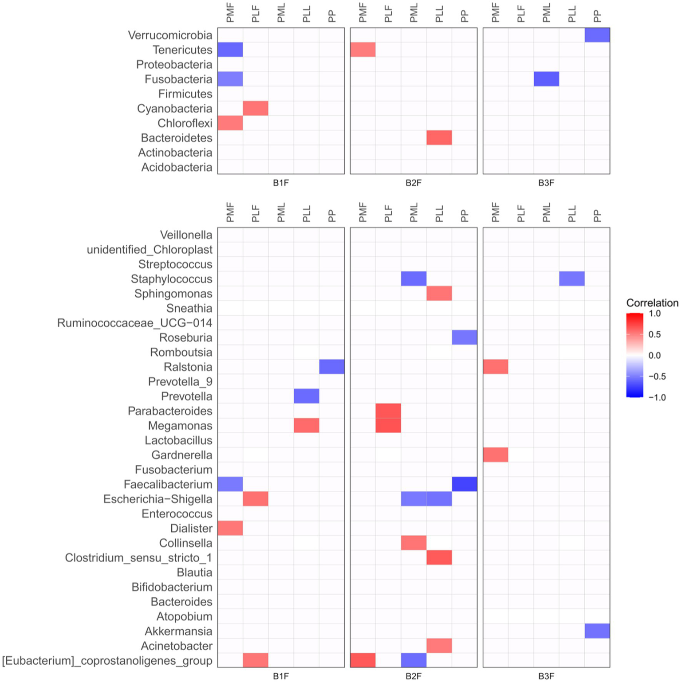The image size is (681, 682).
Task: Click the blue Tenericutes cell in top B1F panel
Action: (x=230, y=50)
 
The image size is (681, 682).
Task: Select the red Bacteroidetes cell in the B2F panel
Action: (x=439, y=137)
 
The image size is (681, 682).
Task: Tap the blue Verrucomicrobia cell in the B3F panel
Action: (x=597, y=35)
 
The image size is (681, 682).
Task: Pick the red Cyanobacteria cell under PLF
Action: (x=256, y=108)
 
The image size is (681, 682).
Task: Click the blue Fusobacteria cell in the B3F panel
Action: (x=546, y=79)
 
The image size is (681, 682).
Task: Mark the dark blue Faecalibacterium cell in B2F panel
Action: (x=464, y=484)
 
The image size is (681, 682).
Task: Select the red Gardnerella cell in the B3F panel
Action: (x=496, y=455)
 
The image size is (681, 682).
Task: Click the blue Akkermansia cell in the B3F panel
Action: (x=597, y=631)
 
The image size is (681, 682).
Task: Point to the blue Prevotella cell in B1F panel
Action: (x=306, y=396)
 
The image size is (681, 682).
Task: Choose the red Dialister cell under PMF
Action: (x=230, y=528)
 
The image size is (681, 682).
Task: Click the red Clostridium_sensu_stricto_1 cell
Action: (x=439, y=557)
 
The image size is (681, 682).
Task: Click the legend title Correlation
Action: (x=652, y=303)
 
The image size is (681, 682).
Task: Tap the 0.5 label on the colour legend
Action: (x=654, y=334)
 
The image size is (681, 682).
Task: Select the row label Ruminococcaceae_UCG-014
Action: (x=134, y=323)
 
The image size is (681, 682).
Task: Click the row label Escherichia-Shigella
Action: (x=157, y=499)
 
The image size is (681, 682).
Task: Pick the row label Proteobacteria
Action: (x=174, y=64)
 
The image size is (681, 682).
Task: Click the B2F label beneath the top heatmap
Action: (x=413, y=183)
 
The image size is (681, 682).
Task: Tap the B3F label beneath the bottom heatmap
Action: (x=546, y=676)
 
